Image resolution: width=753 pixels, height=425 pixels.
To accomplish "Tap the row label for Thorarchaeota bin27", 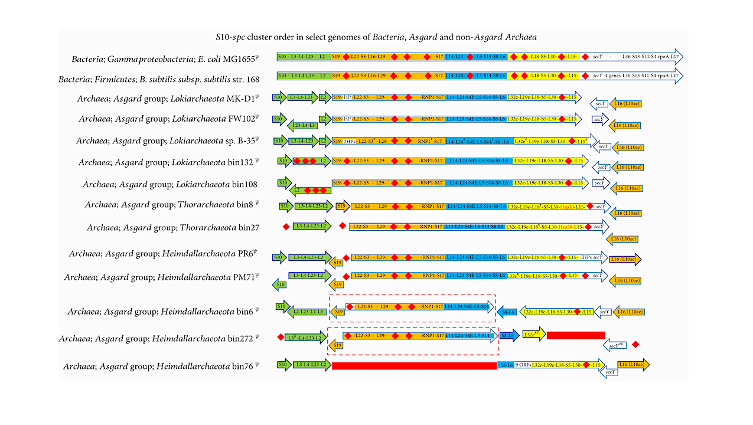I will (x=174, y=227).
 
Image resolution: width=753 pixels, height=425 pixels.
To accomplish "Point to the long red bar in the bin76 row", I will (x=414, y=366).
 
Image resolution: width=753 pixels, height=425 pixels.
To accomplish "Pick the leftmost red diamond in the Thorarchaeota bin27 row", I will (x=286, y=226).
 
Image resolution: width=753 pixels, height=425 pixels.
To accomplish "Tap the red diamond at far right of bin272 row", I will (x=635, y=344).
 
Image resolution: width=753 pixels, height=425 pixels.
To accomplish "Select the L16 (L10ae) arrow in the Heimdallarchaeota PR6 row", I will (x=624, y=259).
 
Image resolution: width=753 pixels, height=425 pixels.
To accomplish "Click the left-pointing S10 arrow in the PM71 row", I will (x=280, y=285).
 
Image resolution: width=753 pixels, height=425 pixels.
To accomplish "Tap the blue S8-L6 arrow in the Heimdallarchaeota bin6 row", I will (x=507, y=312).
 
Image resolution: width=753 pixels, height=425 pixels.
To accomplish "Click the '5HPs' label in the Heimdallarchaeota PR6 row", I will (x=585, y=258).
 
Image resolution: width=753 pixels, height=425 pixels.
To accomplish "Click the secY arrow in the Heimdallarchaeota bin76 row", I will (x=608, y=372).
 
